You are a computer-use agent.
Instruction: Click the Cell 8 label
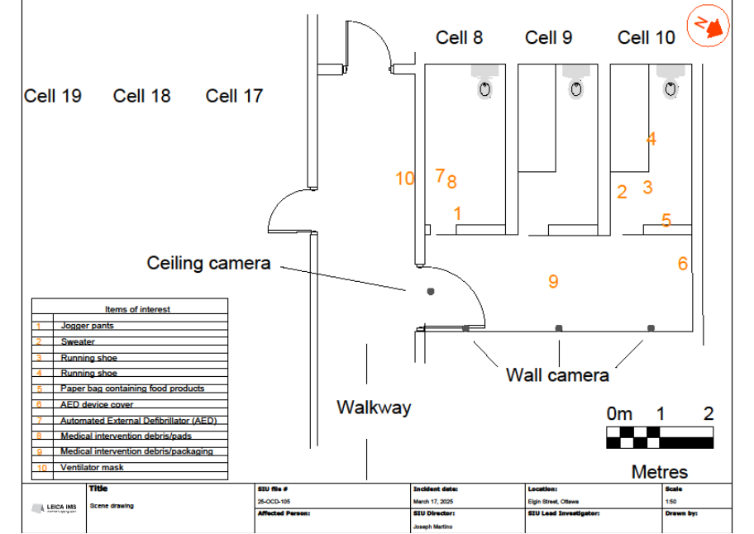459,37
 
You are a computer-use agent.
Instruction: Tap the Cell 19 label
53,96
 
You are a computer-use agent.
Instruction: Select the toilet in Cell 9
576,85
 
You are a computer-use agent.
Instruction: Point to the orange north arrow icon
710,27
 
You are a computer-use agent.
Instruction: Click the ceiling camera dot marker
430,291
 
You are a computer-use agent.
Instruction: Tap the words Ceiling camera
208,263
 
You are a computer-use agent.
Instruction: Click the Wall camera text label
557,375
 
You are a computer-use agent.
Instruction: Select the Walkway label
374,408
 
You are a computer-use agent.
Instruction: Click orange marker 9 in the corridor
553,282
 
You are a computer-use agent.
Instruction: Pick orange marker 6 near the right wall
682,264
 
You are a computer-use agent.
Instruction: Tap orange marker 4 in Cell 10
651,140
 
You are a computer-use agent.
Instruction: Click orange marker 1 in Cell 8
457,213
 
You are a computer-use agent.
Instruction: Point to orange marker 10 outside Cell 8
404,179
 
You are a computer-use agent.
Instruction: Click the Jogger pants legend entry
87,326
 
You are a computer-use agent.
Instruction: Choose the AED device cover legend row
97,405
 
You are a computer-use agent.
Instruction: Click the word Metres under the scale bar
659,472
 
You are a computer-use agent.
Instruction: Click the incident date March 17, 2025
433,501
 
